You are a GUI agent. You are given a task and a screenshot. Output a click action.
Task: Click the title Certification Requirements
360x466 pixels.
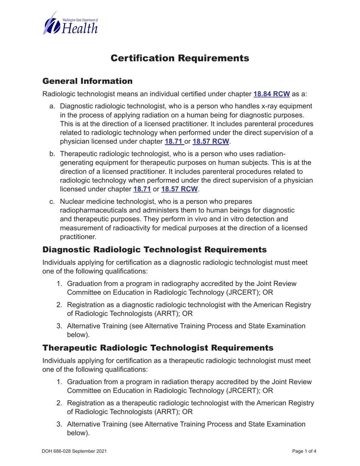[180, 58]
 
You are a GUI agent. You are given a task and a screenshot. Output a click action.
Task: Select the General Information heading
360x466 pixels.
[88, 81]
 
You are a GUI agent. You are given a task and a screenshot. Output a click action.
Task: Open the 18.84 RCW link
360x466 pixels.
[272, 94]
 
